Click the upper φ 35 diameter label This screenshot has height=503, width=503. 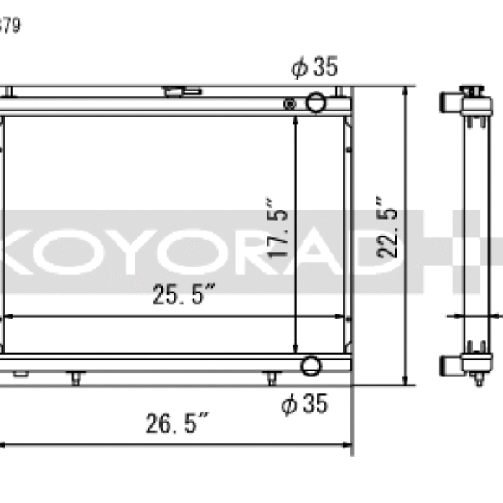point(314,68)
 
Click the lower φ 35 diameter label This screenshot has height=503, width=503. point(303,405)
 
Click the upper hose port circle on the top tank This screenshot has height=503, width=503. point(315,102)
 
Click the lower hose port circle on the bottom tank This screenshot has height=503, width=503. point(310,366)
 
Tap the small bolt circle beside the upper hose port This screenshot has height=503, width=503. point(290,104)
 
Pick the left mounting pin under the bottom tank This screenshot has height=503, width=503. point(76,378)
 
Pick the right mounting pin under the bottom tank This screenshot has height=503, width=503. point(270,378)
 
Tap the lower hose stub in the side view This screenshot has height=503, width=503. point(449,365)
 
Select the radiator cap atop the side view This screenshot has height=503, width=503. point(471,89)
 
